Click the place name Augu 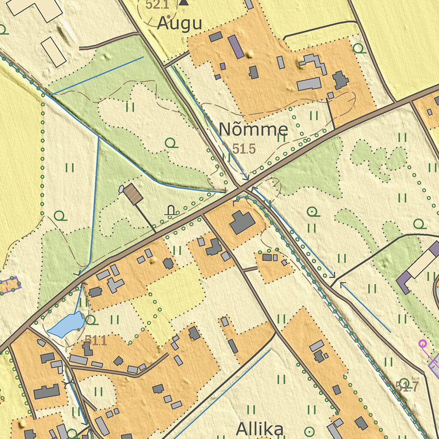pos(179,24)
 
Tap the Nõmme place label pos(253,129)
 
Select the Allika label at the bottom pos(260,429)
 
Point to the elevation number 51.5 pos(244,149)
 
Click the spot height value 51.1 pos(95,340)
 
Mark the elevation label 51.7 pos(406,387)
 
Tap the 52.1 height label pos(157,5)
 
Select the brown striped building pos(133,194)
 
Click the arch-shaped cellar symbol pos(171,210)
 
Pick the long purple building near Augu pos(236,47)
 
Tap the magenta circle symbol pos(422,343)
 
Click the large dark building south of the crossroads pos(243,223)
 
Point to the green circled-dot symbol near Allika pos(309,430)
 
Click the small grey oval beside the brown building pos(121,189)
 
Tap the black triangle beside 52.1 pos(184,2)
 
